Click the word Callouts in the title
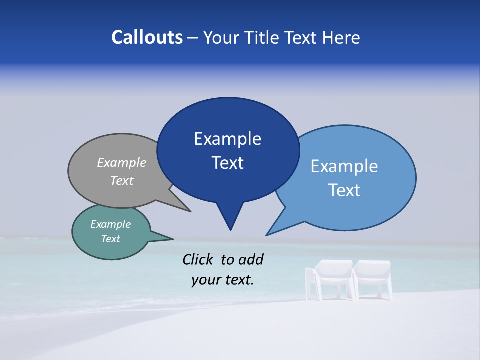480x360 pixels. click(x=147, y=37)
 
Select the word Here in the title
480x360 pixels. click(x=341, y=38)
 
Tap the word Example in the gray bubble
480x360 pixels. click(x=121, y=163)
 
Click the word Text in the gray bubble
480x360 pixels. click(x=121, y=181)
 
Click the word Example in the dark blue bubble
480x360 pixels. click(x=227, y=139)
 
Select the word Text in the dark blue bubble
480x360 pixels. click(x=227, y=163)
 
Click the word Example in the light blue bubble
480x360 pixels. click(x=344, y=166)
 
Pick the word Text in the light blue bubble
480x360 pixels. click(x=344, y=190)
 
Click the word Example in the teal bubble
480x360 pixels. click(x=110, y=224)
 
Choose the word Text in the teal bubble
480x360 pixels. click(x=110, y=239)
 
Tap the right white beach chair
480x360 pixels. click(x=372, y=279)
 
